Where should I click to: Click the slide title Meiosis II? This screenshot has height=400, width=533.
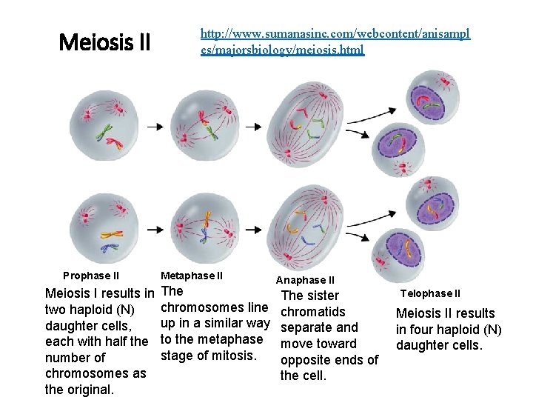104,42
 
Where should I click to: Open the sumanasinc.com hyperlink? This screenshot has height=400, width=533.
335,42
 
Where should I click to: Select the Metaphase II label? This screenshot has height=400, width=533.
191,276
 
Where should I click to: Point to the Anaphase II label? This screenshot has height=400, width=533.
305,280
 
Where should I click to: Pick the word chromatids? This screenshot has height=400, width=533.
313,311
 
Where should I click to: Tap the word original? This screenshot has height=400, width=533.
88,390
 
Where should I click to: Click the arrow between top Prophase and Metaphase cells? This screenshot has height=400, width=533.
156,127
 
